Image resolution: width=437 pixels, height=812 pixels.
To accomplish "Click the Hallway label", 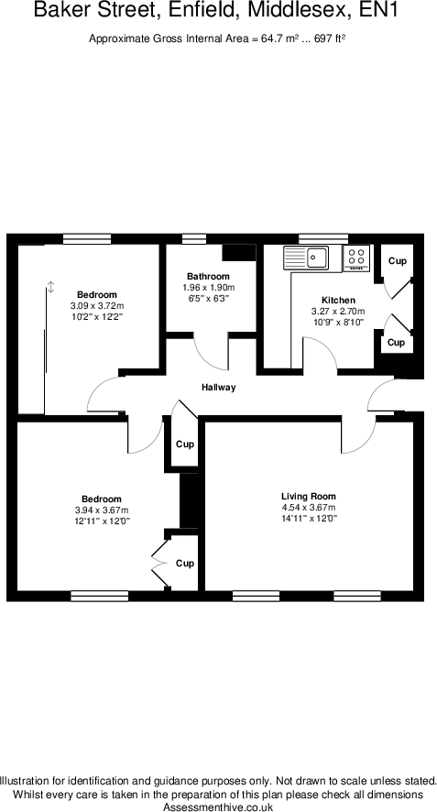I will pos(218,388).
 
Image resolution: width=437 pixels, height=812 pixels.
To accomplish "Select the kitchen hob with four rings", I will pos(357,258).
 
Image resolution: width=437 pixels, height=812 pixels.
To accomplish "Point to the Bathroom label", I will pos(208,277).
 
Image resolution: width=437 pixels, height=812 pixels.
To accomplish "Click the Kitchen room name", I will pos(338,301).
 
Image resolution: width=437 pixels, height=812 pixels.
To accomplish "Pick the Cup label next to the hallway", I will pos(185,444).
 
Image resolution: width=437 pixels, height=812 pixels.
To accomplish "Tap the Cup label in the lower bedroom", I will pos(185,564).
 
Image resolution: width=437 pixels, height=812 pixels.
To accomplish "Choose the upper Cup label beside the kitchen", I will pos(397,261).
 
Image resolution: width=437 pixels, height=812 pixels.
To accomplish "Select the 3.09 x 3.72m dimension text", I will pos(96,305).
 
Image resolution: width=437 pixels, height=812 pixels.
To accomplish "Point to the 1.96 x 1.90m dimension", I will pos(208,288).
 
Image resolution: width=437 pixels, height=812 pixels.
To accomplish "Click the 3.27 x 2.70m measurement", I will pos(338,312).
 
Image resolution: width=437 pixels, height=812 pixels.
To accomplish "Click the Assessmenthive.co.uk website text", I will pos(218,807).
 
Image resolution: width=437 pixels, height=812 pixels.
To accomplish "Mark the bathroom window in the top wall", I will pos(193,239).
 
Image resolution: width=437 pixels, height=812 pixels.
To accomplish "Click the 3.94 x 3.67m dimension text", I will pos(101,510).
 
